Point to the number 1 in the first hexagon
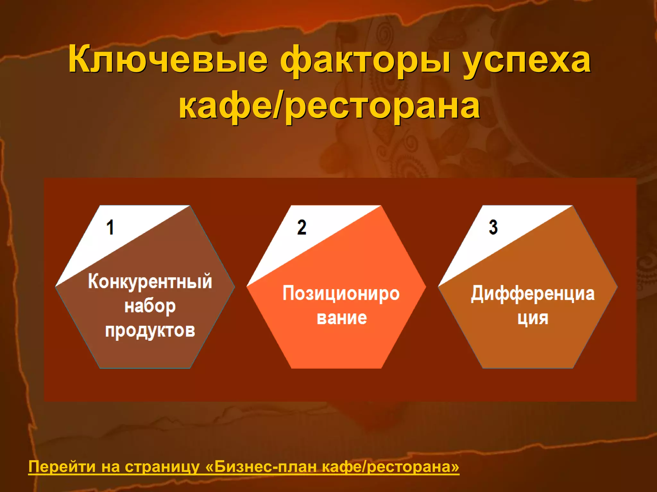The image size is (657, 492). click(110, 227)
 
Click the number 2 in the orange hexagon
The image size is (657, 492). click(302, 227)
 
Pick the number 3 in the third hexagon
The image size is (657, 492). click(493, 227)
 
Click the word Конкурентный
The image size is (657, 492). click(150, 282)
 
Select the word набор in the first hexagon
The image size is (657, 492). click(150, 307)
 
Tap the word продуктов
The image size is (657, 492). click(150, 331)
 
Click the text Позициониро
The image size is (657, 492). click(341, 294)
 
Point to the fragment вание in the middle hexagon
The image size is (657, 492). click(342, 318)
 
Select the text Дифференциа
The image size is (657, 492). click(533, 294)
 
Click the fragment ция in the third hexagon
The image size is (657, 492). click(533, 318)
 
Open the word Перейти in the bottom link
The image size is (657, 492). click(62, 467)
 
